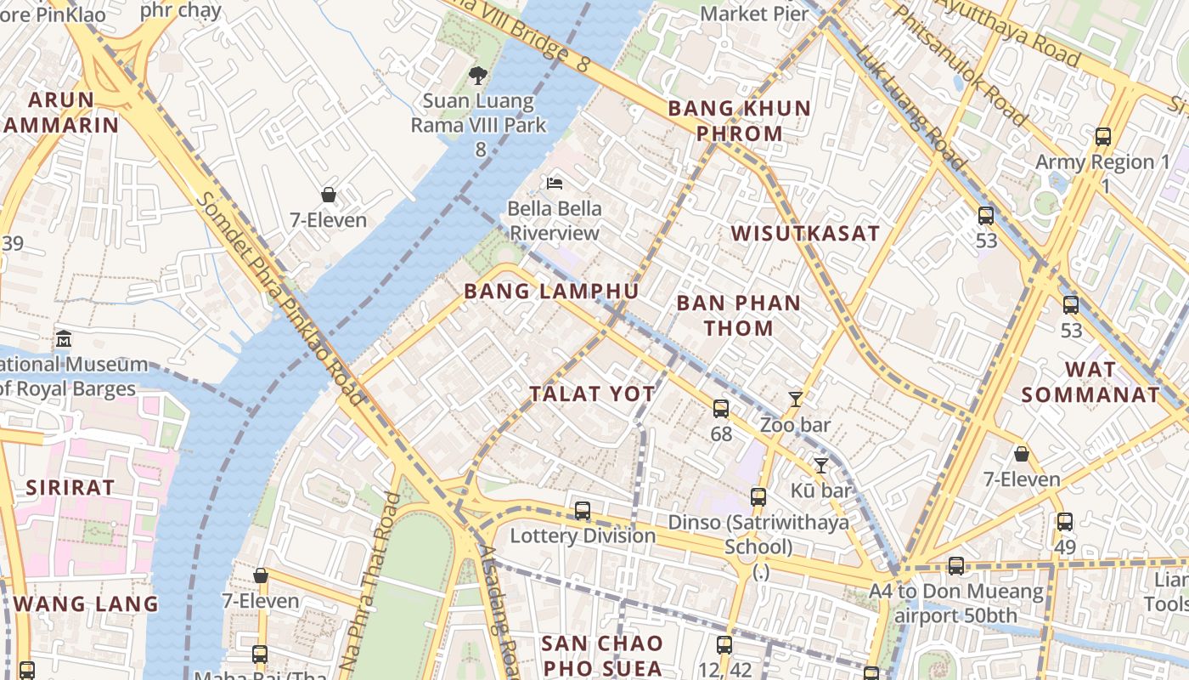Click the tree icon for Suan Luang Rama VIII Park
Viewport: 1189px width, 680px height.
click(478, 76)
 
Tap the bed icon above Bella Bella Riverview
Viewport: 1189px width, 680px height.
click(555, 183)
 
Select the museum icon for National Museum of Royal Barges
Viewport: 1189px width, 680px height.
click(64, 339)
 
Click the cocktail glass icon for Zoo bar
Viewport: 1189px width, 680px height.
click(796, 399)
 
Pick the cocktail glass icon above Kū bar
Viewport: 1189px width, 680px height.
click(820, 465)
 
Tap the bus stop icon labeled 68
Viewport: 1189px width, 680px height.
click(721, 409)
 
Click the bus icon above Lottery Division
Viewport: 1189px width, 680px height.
click(583, 511)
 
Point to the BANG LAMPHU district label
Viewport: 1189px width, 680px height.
click(551, 292)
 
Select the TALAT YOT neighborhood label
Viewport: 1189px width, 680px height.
click(592, 394)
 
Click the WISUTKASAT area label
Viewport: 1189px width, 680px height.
click(805, 234)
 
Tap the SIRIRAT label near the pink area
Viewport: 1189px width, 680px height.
click(70, 488)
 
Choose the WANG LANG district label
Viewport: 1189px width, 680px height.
click(86, 604)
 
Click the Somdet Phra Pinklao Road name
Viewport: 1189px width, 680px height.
click(279, 297)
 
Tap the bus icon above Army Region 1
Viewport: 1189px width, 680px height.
click(1103, 136)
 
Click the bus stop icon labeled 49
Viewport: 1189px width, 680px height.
click(1065, 522)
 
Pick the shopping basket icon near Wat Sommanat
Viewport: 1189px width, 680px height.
click(1022, 454)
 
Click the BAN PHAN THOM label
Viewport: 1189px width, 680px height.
click(738, 315)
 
